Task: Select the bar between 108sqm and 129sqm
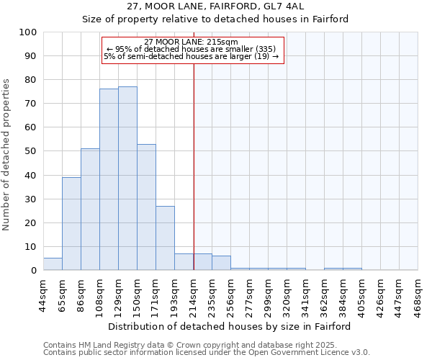pyautogui.click(x=109, y=179)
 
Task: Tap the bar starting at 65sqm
pyautogui.click(x=71, y=223)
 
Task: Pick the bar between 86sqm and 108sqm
pyautogui.click(x=90, y=209)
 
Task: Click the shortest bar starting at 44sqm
pyautogui.click(x=53, y=264)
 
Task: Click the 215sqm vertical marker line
pyautogui.click(x=194, y=166)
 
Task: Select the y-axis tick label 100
pyautogui.click(x=28, y=32)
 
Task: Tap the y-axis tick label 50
pyautogui.click(x=31, y=151)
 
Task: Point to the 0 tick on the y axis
pyautogui.click(x=34, y=271)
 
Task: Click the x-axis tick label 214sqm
pyautogui.click(x=193, y=294)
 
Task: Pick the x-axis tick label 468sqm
pyautogui.click(x=418, y=294)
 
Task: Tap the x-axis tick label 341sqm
pyautogui.click(x=305, y=294)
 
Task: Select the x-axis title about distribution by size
pyautogui.click(x=230, y=326)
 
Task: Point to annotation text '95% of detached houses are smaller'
pyautogui.click(x=192, y=49)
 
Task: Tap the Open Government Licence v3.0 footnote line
pyautogui.click(x=207, y=353)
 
